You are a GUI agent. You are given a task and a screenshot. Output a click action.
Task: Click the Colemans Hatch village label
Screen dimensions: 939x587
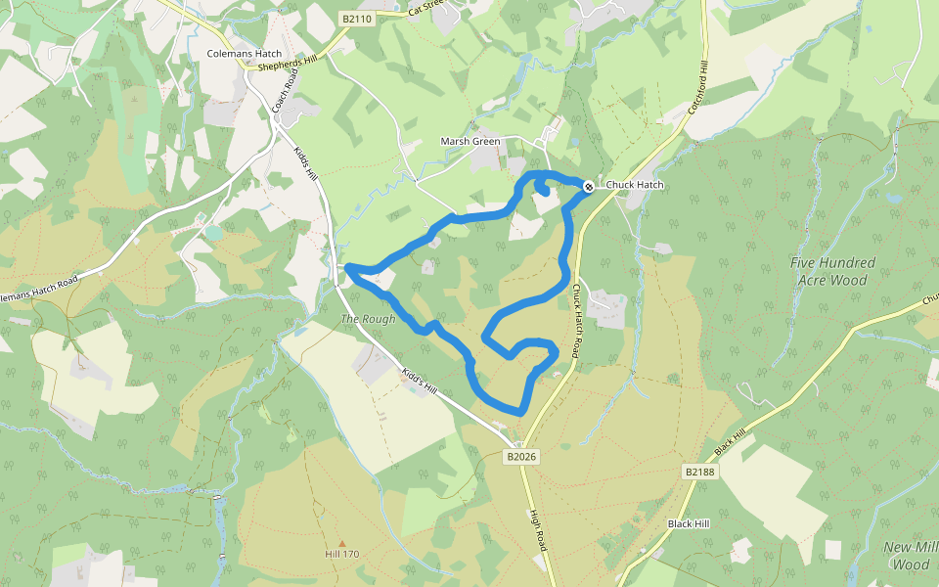tap(245, 54)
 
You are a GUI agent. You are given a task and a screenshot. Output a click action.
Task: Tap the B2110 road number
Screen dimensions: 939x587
tap(357, 19)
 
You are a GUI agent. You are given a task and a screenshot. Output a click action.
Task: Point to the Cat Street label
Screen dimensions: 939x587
tap(426, 9)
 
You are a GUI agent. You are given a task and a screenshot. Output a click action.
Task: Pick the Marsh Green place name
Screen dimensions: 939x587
tap(470, 142)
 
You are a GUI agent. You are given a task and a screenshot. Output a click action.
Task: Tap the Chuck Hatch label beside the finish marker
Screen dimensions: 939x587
tap(634, 185)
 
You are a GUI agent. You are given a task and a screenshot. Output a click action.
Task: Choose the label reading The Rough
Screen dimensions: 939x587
tap(368, 319)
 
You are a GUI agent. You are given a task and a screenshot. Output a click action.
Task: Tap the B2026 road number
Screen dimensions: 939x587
tap(522, 457)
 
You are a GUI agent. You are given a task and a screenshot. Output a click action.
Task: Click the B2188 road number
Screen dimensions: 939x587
tap(699, 472)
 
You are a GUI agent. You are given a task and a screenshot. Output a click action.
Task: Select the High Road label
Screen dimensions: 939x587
tap(537, 531)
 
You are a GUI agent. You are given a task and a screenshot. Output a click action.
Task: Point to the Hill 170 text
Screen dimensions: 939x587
tap(342, 555)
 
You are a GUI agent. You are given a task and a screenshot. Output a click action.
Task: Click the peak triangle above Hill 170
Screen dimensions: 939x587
tap(342, 543)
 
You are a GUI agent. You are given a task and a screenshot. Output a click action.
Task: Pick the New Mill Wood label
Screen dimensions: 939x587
tap(911, 555)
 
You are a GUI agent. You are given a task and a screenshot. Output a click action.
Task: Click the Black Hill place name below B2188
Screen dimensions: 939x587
tap(689, 523)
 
